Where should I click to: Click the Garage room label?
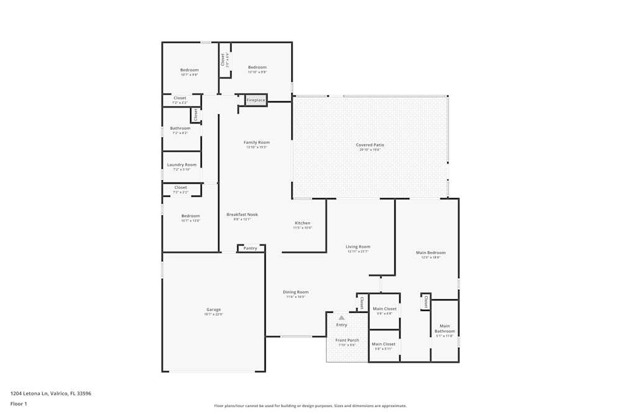[214, 310]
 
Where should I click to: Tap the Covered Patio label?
[369, 145]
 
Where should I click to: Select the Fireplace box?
[256, 100]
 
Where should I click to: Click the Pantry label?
[250, 248]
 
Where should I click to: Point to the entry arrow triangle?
[342, 318]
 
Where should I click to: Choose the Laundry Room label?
[181, 165]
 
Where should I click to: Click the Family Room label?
[256, 143]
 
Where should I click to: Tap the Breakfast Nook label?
[242, 215]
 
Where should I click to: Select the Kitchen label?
[302, 223]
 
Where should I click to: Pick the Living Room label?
[358, 247]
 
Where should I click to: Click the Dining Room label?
[296, 292]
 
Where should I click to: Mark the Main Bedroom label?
[430, 253]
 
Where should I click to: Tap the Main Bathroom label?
[445, 328]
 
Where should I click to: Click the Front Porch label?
[347, 340]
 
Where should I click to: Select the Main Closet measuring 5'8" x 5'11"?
[384, 344]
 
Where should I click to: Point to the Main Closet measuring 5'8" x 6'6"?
[384, 309]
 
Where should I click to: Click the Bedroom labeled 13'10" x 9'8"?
[257, 68]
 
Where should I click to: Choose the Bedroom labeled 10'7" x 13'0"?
[191, 216]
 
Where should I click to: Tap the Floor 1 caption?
[19, 403]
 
